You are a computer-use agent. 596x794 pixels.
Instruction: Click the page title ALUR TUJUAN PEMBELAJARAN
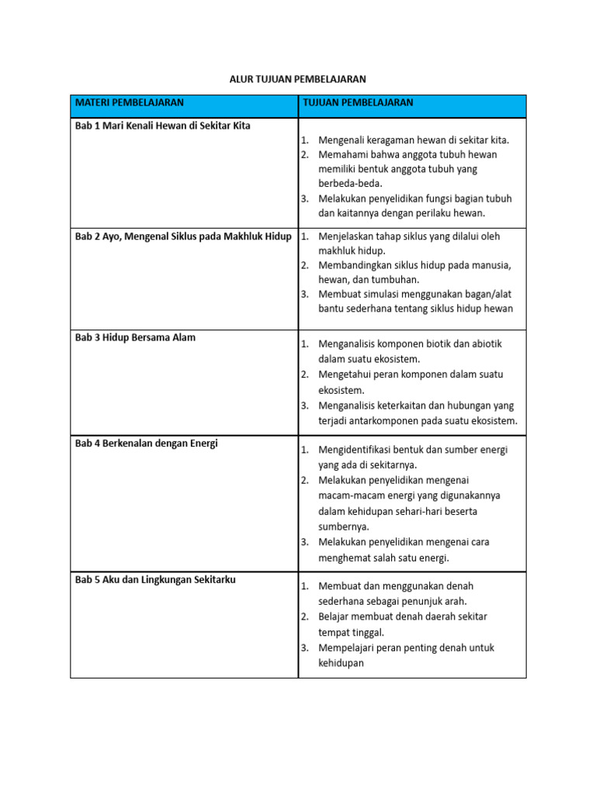297,79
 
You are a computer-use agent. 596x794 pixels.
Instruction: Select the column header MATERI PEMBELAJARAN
129,102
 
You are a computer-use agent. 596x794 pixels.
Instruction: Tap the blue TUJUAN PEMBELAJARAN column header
358,102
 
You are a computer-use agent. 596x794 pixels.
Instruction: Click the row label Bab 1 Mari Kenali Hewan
162,126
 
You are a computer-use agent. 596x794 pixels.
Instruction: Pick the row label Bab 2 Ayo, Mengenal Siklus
183,236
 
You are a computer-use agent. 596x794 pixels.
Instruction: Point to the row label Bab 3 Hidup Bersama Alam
135,337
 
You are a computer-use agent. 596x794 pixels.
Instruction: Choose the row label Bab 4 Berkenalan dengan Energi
146,444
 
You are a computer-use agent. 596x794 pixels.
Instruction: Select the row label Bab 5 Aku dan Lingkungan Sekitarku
155,580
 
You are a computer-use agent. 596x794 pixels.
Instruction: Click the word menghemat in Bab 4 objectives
344,558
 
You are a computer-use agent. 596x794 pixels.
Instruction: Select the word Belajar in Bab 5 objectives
334,616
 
